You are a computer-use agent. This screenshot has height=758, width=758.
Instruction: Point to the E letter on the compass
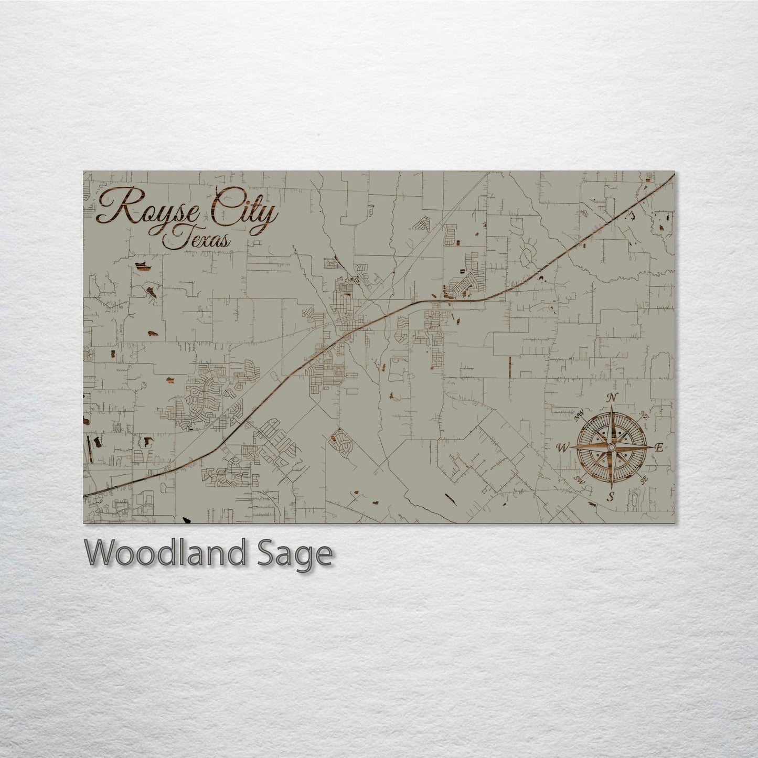[x=659, y=447]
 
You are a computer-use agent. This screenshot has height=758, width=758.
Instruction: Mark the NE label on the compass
[x=644, y=416]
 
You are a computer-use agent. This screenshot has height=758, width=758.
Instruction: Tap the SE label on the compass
[x=643, y=479]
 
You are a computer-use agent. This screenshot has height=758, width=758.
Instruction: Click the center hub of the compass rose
[x=611, y=447]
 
